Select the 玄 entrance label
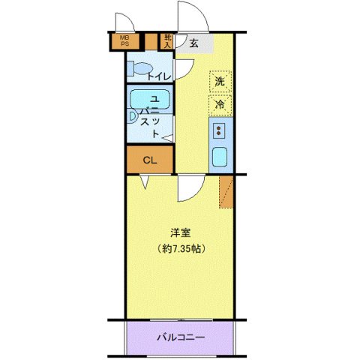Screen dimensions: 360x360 [x=193, y=43]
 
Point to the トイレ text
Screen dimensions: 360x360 [x=159, y=76]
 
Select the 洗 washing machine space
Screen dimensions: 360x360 [x=220, y=81]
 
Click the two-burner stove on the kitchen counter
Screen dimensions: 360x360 [x=220, y=131]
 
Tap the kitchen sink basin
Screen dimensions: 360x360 [x=221, y=157]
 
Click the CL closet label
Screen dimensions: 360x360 [x=149, y=159]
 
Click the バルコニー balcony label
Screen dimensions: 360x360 [x=180, y=337]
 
